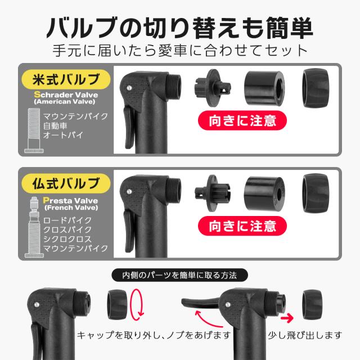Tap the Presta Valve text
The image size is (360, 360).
point(66,200)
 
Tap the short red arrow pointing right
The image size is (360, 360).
point(288,318)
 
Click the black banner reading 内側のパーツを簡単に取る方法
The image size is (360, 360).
point(181,276)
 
